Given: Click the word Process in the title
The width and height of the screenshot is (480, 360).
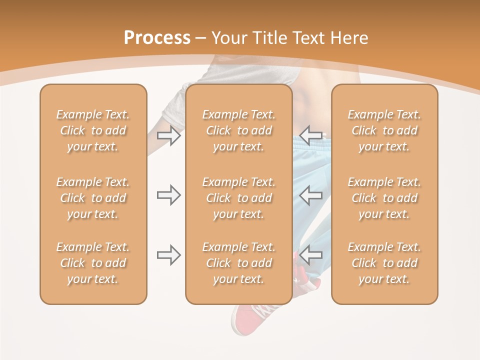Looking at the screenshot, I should (x=157, y=38).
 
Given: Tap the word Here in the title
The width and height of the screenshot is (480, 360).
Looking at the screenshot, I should (x=349, y=38).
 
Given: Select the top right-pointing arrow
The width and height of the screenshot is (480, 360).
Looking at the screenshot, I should (x=168, y=135).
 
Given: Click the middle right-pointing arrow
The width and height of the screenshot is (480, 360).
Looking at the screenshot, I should (x=168, y=195).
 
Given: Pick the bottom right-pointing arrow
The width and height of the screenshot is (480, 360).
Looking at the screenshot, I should (x=168, y=255).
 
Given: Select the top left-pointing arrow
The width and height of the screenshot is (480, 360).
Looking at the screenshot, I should (x=311, y=135).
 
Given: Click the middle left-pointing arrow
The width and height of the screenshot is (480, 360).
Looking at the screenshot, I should (x=311, y=195).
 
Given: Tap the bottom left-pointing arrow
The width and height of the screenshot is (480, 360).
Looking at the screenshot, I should (x=311, y=255).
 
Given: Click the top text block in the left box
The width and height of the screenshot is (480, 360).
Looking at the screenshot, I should (x=93, y=130).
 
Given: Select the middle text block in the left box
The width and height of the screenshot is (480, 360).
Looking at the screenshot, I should (x=93, y=198).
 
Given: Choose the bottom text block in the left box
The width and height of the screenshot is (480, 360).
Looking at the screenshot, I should (x=93, y=263).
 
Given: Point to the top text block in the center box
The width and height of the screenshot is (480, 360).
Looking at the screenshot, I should (x=238, y=130).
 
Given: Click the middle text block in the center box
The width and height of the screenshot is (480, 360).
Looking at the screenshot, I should (x=238, y=198).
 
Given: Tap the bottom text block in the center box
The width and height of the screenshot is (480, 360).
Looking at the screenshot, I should (x=238, y=263).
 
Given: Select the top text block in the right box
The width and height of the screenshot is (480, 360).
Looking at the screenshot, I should (x=384, y=130).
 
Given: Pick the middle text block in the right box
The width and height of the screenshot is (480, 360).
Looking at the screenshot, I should (x=384, y=198).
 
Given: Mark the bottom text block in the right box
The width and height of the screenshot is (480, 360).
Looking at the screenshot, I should (x=384, y=263).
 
